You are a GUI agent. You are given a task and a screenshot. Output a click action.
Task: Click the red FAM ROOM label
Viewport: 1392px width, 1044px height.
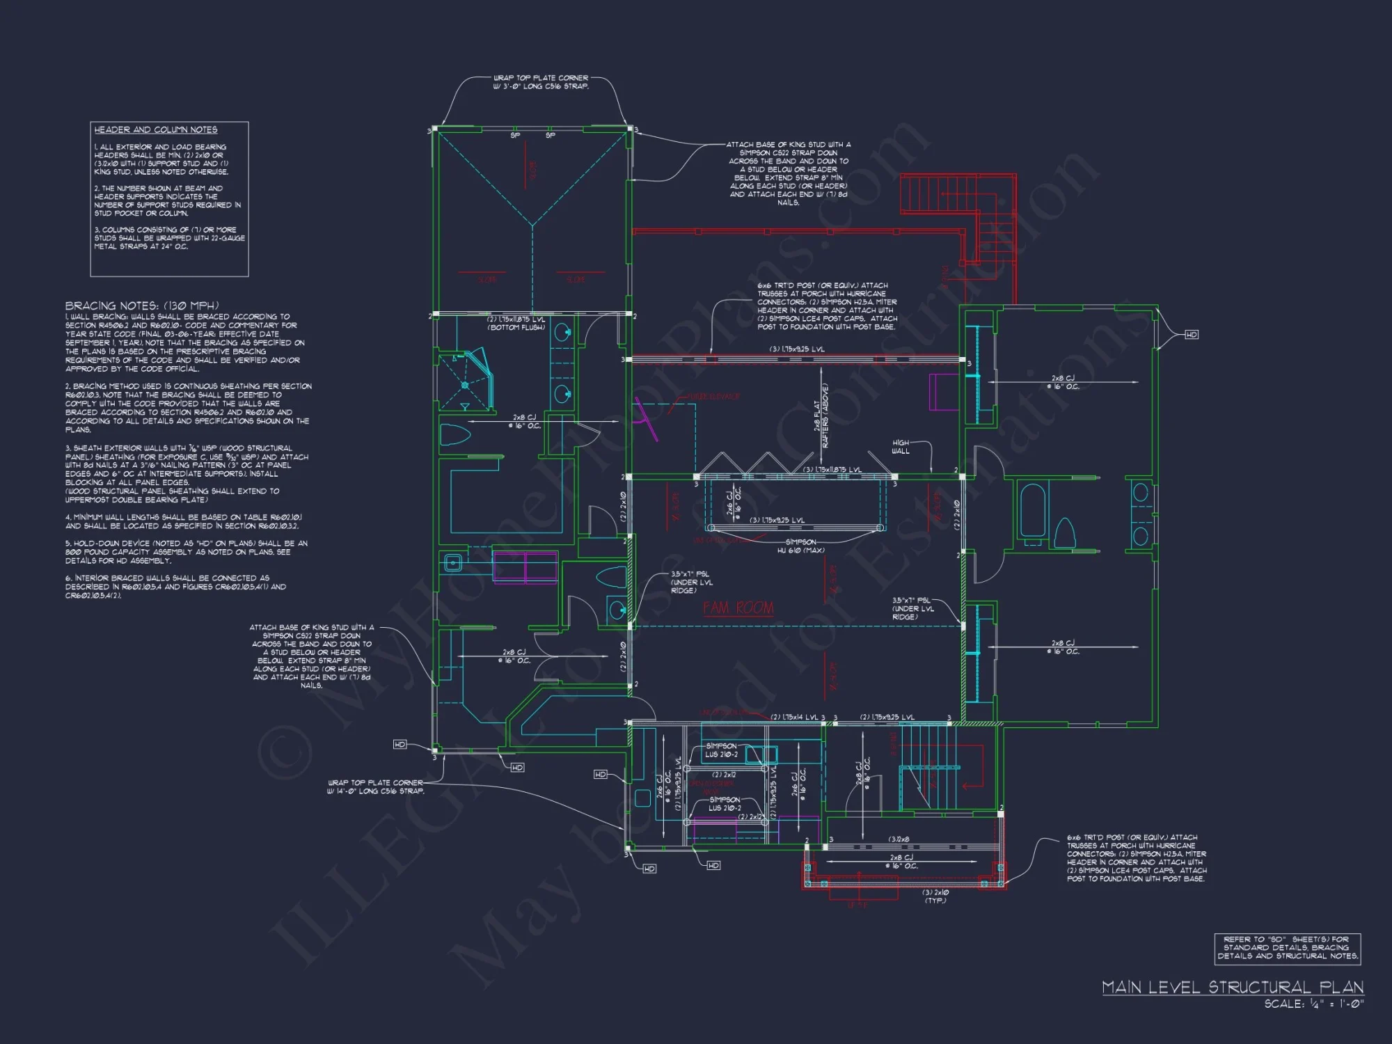click(x=738, y=608)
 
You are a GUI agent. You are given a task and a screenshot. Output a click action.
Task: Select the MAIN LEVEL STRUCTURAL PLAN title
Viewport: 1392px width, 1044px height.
click(x=1232, y=987)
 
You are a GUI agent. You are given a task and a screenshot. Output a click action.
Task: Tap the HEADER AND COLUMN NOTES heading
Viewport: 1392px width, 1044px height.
click(x=156, y=130)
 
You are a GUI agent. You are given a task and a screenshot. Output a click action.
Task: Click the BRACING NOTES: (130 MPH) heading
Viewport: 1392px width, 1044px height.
click(x=142, y=306)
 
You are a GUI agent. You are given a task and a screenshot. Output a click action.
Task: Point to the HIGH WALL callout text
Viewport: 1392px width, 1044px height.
click(x=901, y=447)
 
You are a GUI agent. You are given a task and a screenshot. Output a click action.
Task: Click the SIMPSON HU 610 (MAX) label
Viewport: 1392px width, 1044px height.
click(x=800, y=546)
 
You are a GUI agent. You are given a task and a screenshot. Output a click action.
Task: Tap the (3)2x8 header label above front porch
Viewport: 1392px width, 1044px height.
click(x=899, y=839)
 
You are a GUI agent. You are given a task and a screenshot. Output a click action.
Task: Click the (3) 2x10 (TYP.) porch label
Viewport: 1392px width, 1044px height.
click(x=935, y=896)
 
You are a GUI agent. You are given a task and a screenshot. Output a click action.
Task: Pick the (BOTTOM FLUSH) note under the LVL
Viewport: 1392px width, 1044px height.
click(x=516, y=327)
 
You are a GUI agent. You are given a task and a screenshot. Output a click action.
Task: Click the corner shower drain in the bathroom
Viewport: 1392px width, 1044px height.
click(x=464, y=385)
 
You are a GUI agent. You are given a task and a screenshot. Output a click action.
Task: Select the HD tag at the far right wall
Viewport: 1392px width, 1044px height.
click(x=1192, y=335)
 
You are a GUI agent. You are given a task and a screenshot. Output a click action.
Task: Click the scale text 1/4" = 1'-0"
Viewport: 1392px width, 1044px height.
click(x=1313, y=1004)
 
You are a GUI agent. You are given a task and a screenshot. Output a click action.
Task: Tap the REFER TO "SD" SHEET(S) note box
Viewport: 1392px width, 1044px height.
click(x=1287, y=948)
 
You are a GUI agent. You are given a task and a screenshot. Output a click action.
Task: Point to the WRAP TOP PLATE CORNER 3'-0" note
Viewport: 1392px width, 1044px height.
click(x=541, y=82)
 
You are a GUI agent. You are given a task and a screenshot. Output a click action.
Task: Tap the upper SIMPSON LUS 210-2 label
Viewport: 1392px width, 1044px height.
click(x=722, y=750)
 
